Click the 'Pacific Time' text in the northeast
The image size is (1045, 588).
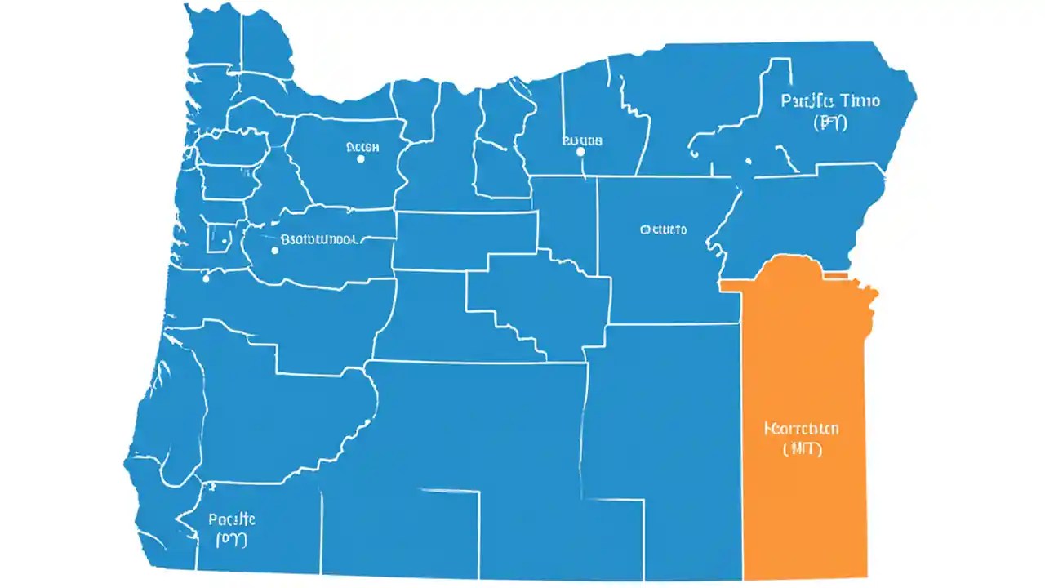tap(830, 101)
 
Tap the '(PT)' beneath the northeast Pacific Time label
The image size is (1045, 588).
tap(831, 123)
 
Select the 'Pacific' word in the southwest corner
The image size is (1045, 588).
tap(232, 519)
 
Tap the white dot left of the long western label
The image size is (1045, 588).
tap(274, 251)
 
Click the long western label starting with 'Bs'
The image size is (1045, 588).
tap(318, 240)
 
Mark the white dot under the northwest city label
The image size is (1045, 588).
tap(360, 159)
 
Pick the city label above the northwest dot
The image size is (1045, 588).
tap(362, 147)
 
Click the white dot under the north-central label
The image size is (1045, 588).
tap(580, 151)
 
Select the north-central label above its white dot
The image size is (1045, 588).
tap(582, 140)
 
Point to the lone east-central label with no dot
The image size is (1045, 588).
tap(663, 229)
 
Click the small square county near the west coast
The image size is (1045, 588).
tap(219, 238)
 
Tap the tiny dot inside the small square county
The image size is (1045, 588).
tap(223, 241)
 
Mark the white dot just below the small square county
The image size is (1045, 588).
tap(206, 278)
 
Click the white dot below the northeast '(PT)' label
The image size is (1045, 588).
tap(748, 162)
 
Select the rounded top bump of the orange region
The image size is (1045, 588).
tap(796, 263)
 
